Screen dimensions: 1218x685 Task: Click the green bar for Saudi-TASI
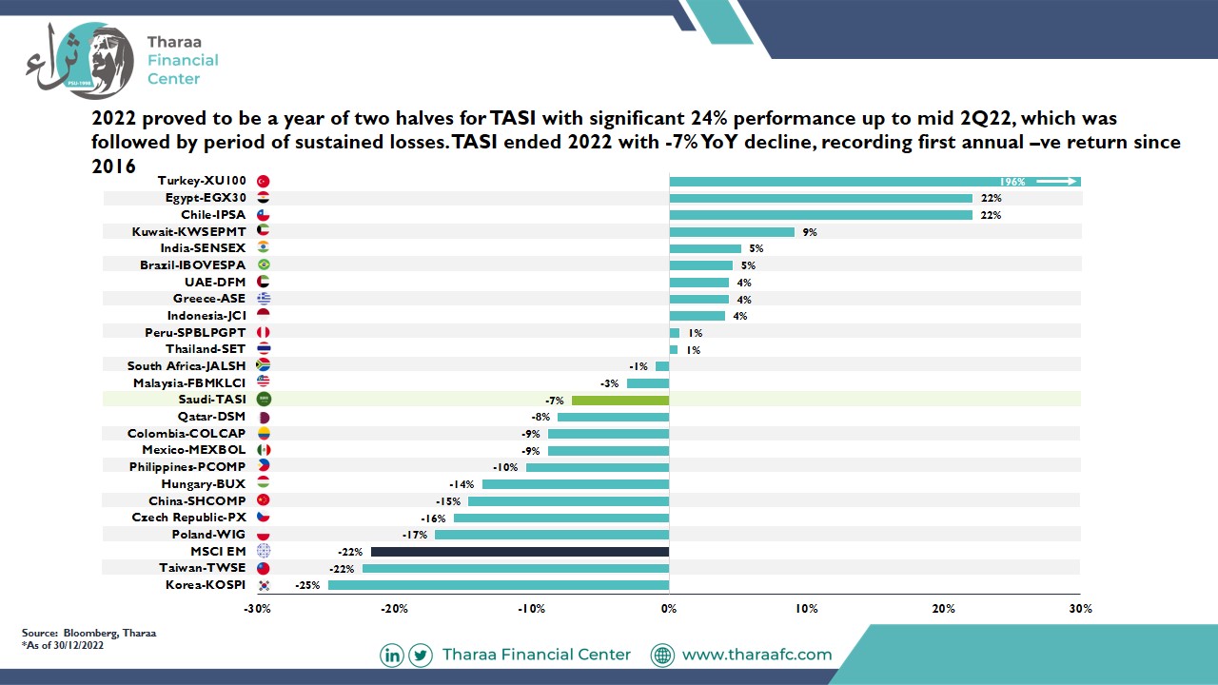(x=620, y=401)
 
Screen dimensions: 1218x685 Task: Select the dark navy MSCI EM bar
(x=520, y=552)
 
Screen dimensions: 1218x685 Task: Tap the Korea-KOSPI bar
(x=499, y=585)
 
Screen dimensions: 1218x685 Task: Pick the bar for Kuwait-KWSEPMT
(x=732, y=232)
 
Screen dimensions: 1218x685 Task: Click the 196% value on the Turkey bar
(x=1012, y=182)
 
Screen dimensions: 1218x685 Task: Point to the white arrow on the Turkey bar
(x=1056, y=182)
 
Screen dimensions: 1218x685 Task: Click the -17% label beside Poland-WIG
(x=414, y=535)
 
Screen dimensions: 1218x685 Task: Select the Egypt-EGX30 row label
(x=206, y=198)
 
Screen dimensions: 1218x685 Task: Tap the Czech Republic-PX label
(x=188, y=517)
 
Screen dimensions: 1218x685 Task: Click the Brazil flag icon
(x=264, y=264)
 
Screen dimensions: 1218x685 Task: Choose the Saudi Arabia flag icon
(x=264, y=400)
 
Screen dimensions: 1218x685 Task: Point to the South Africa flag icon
(x=264, y=365)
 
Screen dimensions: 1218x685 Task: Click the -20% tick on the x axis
(x=394, y=608)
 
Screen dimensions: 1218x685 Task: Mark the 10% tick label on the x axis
(x=806, y=608)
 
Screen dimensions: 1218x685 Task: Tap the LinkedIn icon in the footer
(x=392, y=656)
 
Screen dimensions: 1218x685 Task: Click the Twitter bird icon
(x=421, y=656)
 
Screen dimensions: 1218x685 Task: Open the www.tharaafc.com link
(x=756, y=655)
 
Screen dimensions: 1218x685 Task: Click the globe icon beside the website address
(x=663, y=656)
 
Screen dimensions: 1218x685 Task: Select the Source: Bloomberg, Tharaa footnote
(x=88, y=633)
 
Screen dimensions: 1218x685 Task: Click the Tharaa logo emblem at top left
(x=81, y=61)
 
